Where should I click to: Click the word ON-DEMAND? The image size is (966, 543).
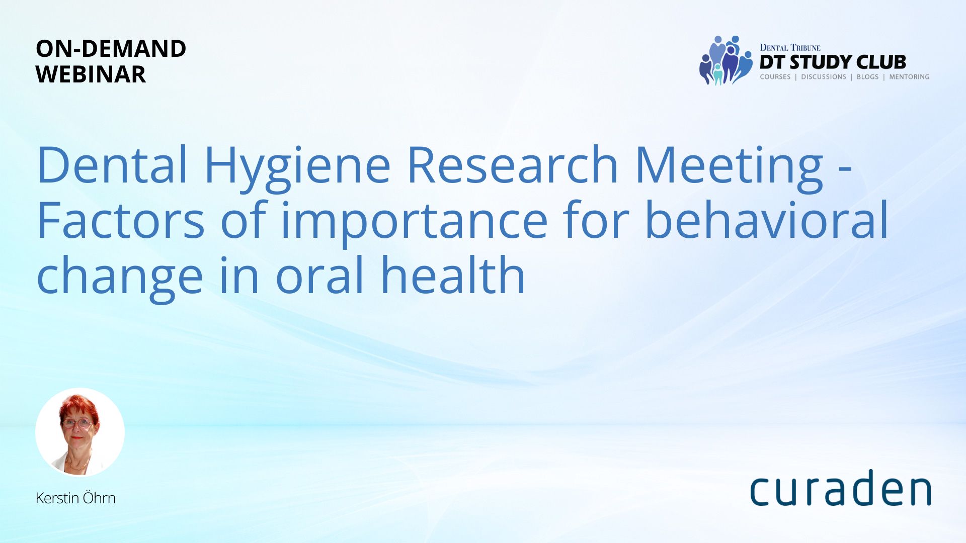coord(111,49)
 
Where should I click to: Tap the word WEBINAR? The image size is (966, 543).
coord(91,74)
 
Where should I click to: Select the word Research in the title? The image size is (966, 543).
coord(512,164)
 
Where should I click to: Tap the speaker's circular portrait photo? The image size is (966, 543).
coord(80,432)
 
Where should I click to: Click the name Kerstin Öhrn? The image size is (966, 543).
coord(75,498)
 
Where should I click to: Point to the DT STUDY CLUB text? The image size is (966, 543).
coord(833,62)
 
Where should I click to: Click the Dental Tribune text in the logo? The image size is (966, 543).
coord(790,47)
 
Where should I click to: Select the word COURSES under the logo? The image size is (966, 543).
coord(775,77)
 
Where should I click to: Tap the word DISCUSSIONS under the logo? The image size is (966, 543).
coord(824,77)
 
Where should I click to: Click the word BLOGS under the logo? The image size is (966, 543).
coord(867,77)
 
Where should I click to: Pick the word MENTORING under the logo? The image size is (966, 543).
coord(909,77)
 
